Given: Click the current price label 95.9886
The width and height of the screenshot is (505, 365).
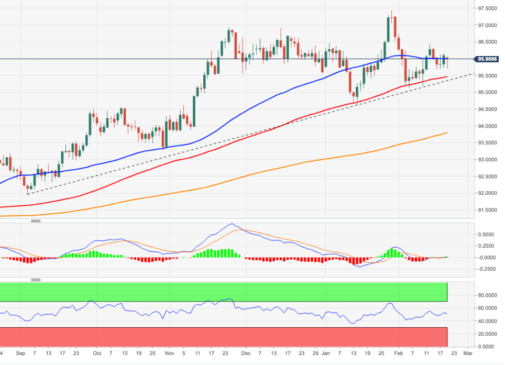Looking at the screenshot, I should [488, 59].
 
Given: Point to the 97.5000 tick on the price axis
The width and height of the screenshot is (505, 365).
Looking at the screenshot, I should [487, 9].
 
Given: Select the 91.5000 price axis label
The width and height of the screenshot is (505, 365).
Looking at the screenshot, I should [487, 210].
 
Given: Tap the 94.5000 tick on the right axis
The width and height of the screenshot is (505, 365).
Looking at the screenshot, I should [487, 109].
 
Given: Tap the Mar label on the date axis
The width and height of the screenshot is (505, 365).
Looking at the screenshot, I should [468, 353].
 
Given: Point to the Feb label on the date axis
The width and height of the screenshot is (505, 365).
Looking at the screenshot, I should [398, 353].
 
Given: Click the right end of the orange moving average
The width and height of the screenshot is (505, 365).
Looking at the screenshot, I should [447, 132].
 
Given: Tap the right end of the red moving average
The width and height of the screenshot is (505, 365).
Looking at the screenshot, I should [447, 76].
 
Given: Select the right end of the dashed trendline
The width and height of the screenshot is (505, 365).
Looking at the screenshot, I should [474, 73].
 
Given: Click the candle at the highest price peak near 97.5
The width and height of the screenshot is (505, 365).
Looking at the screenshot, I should [391, 16].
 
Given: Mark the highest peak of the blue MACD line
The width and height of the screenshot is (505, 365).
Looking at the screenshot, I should [232, 224].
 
